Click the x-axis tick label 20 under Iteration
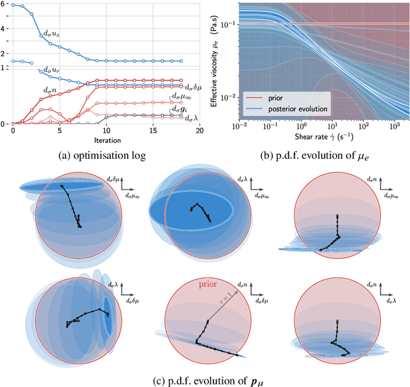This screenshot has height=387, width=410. pos(199,131)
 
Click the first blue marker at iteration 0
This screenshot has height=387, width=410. pos(13,5)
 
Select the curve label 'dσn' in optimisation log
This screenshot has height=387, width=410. pos(49,91)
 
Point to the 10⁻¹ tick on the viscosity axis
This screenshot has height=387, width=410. pos(225,24)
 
